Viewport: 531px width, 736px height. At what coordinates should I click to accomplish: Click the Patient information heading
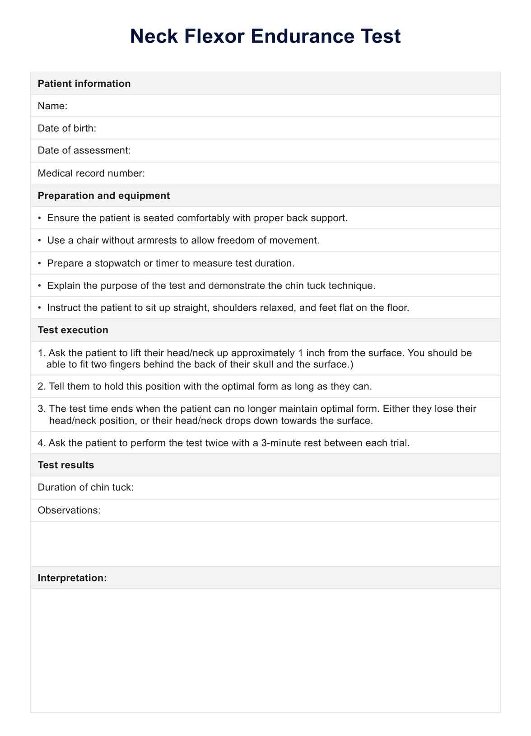coord(84,84)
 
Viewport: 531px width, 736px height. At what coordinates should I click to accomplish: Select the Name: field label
coord(52,106)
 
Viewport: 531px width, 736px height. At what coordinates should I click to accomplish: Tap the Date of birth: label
coord(67,128)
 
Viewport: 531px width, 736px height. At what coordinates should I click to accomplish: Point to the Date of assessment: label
coord(84,150)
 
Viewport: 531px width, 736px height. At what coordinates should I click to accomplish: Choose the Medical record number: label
coord(91,173)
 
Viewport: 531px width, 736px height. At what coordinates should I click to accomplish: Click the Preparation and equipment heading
coord(104,196)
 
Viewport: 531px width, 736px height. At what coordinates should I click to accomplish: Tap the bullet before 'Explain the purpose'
coord(40,285)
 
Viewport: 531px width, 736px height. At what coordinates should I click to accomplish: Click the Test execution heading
coord(73,330)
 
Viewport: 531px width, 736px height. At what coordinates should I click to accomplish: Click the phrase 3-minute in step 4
coord(280,443)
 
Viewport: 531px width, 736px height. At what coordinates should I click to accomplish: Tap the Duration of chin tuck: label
coord(86,488)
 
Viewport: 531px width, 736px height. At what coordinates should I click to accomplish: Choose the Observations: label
coord(69,510)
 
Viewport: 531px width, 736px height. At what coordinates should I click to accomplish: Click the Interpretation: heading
coord(72,578)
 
